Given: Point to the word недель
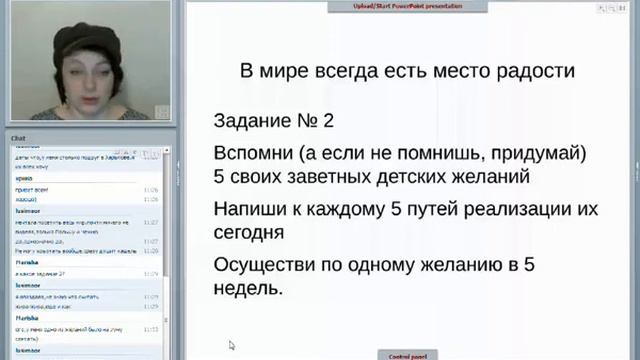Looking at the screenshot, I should [247, 288].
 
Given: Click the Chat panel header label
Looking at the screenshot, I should [18, 137].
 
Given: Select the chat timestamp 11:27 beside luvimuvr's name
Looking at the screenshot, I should [151, 223].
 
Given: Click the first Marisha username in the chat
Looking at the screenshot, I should [26, 261].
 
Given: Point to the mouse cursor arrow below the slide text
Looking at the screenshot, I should [231, 345].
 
